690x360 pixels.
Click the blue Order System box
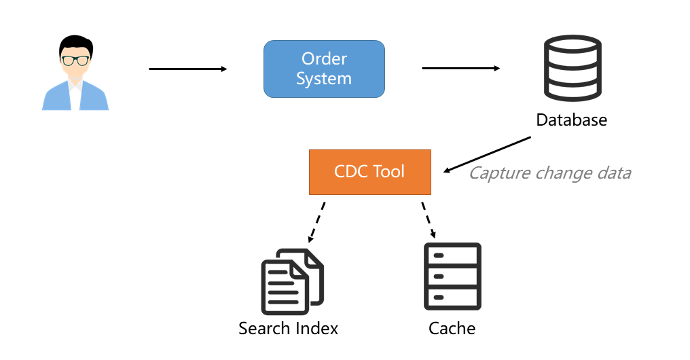325,69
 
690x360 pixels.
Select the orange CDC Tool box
370,172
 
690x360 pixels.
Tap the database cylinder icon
573,68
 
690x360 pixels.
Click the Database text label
572,120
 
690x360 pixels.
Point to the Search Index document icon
293,282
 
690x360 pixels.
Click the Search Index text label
288,328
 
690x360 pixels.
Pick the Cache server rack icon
452,276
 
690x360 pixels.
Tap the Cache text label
452,328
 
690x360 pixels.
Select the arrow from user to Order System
188,69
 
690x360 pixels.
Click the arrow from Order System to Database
460,68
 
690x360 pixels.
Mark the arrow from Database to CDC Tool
487,154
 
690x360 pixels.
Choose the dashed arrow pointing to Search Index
316,222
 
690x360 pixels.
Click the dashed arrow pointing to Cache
429,220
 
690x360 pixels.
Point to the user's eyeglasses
75,60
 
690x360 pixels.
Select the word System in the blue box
324,79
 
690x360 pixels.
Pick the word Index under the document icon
316,328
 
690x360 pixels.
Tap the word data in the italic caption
615,173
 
